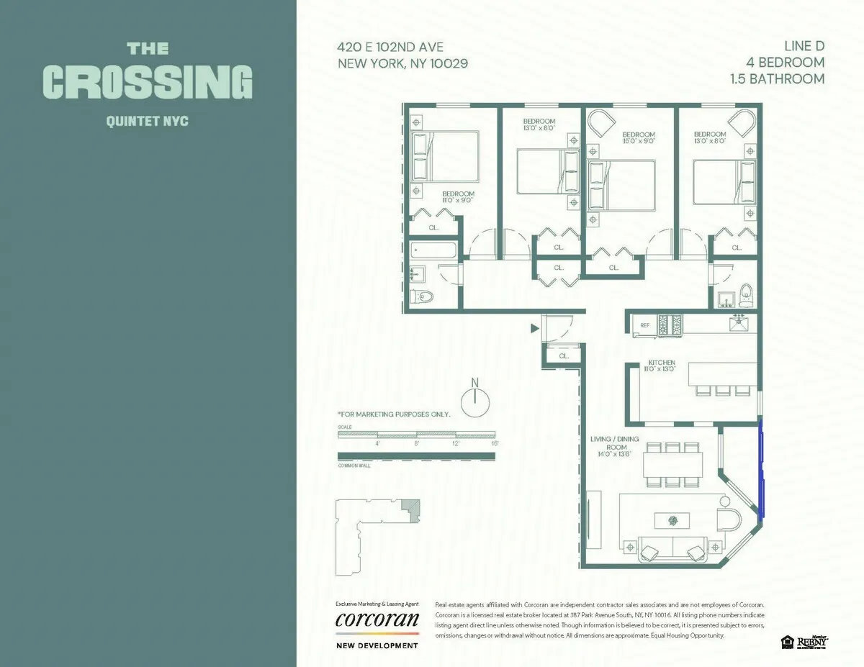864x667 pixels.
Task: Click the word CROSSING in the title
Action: click(148, 82)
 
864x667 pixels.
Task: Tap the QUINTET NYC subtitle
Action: click(148, 121)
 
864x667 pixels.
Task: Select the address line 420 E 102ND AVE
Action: click(390, 47)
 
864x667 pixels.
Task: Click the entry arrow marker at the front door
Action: click(534, 328)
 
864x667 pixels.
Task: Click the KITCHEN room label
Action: click(661, 362)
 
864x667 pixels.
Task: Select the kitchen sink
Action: click(739, 325)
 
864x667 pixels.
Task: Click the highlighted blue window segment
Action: click(762, 470)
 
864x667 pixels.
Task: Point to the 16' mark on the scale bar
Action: click(494, 443)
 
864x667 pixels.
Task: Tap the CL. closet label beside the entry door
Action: click(564, 355)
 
